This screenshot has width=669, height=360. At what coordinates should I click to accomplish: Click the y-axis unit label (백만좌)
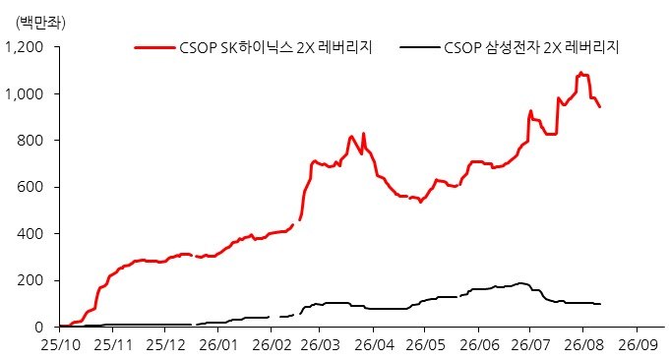click(40, 23)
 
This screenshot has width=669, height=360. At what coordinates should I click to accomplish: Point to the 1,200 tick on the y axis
click(25, 47)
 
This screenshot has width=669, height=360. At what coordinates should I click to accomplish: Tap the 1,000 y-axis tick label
click(25, 93)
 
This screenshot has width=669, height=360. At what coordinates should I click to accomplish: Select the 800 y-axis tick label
click(30, 141)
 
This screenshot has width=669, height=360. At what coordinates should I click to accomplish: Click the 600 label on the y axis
click(30, 187)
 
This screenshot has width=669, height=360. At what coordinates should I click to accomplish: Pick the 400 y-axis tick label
click(30, 234)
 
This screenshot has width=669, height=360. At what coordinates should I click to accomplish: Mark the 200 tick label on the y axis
click(30, 280)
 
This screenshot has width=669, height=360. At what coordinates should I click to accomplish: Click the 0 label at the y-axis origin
click(39, 328)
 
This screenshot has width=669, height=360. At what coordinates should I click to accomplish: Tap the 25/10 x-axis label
click(61, 345)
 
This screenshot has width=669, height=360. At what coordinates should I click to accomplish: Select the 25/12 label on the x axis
click(166, 345)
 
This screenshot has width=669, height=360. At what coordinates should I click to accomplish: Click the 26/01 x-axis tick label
click(218, 345)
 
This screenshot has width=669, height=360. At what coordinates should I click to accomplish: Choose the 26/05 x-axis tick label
click(425, 345)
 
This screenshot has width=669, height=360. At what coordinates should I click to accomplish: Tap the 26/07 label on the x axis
click(530, 345)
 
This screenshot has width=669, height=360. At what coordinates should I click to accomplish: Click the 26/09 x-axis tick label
click(639, 345)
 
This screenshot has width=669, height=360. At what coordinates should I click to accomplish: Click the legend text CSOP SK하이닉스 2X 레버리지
click(276, 47)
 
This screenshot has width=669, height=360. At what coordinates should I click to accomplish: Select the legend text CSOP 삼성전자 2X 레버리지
click(531, 47)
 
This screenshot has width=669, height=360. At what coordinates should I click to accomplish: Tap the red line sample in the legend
click(154, 47)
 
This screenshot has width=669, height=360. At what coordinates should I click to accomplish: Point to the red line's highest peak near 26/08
click(580, 73)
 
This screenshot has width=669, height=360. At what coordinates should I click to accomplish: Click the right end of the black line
click(600, 304)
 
